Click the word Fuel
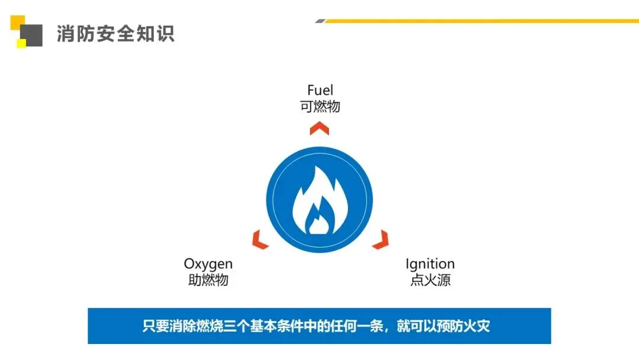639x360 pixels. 320,91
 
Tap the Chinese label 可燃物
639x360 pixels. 320,107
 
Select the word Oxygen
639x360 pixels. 208,264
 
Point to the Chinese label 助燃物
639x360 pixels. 208,280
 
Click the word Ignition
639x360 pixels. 430,264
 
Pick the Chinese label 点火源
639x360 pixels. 430,280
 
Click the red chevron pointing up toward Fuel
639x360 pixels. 319,128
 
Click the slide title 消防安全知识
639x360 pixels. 116,34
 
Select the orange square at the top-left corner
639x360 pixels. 16,21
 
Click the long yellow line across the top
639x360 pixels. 479,21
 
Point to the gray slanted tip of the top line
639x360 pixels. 320,21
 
